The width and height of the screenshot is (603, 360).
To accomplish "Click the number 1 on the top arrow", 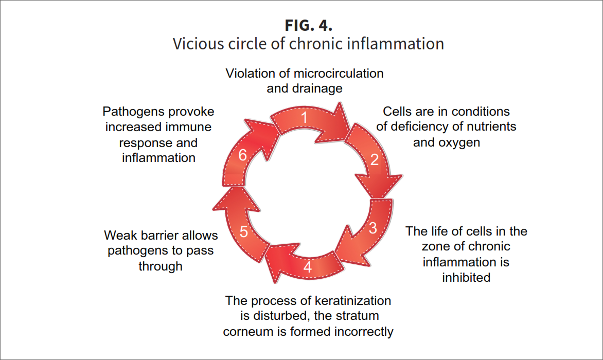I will (x=304, y=118).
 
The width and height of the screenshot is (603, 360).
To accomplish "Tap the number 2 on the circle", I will (x=374, y=159).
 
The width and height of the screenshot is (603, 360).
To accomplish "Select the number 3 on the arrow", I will (x=373, y=228).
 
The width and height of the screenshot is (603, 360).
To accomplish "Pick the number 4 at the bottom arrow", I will (x=307, y=267).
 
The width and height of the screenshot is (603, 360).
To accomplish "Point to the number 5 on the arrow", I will (x=244, y=232).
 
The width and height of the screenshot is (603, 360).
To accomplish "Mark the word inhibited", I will (x=466, y=278).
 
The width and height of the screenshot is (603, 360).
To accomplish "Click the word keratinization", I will (x=351, y=300).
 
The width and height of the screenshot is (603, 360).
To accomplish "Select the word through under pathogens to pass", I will (x=161, y=266).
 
